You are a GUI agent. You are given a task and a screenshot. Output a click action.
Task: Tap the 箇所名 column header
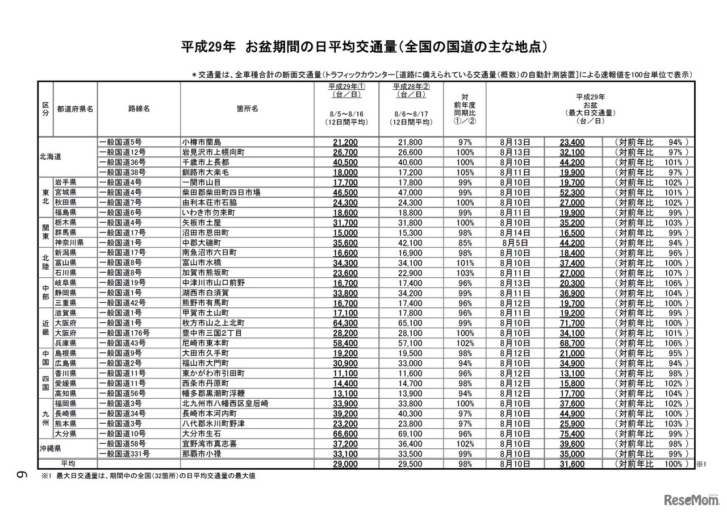[x=247, y=109]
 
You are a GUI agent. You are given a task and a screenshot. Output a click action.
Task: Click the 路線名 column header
[x=139, y=109]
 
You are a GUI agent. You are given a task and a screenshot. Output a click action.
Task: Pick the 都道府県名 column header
[x=74, y=109]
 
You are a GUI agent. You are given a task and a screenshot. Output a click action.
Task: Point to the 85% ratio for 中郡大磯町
[x=464, y=243]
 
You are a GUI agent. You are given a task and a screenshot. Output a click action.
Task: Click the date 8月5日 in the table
[x=516, y=243]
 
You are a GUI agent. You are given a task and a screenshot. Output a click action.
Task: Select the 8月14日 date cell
[x=516, y=232]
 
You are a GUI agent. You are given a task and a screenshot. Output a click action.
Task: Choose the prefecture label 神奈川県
[x=70, y=243]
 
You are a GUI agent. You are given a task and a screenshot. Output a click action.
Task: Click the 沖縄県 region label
[x=51, y=448]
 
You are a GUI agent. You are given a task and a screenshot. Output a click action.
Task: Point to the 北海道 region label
[x=51, y=157]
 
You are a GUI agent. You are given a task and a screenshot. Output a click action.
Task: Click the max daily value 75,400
[x=572, y=433]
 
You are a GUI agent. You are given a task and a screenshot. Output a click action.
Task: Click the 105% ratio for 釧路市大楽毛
[x=464, y=172]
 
